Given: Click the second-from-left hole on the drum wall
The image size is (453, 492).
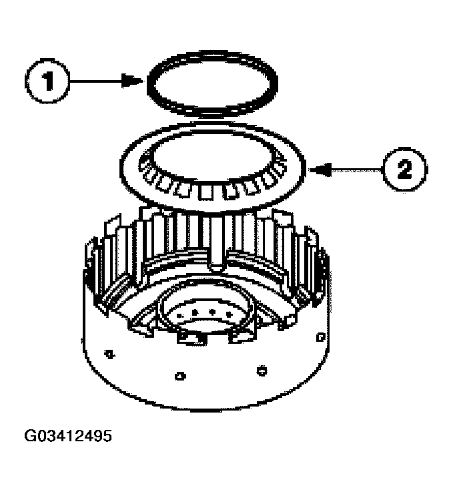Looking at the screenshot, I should pyautogui.click(x=178, y=376).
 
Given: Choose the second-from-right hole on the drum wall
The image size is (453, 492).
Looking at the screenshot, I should pyautogui.click(x=262, y=368).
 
